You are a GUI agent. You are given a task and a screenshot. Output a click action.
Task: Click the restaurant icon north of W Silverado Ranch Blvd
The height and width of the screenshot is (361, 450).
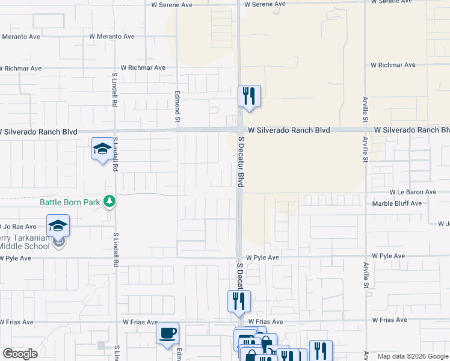pos(248,96)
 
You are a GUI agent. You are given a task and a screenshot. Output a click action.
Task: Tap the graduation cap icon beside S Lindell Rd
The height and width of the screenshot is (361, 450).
pos(102,149)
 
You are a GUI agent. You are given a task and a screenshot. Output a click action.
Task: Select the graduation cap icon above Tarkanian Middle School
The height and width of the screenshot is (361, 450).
pos(58,225)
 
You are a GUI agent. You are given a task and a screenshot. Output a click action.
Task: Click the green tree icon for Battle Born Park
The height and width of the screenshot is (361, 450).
pos(109,201)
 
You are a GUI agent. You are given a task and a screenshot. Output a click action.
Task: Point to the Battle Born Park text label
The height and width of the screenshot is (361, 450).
pos(70,202)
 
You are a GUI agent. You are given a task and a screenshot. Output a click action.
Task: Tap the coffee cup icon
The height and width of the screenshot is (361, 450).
pos(167,332)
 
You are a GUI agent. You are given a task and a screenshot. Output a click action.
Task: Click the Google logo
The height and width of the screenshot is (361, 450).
pos(20,354)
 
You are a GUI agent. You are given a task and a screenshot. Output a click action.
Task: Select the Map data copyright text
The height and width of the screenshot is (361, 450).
pos(412,356)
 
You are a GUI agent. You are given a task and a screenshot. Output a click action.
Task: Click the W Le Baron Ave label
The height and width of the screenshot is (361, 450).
pos(404,192)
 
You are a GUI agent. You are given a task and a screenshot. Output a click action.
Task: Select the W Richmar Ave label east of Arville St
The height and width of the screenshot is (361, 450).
pos(393,65)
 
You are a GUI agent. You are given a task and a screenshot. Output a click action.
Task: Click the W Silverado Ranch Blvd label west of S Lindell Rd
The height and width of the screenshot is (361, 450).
pos(38,131)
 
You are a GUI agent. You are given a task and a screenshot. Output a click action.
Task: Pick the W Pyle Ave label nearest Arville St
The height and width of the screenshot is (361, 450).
pos(389,256)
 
